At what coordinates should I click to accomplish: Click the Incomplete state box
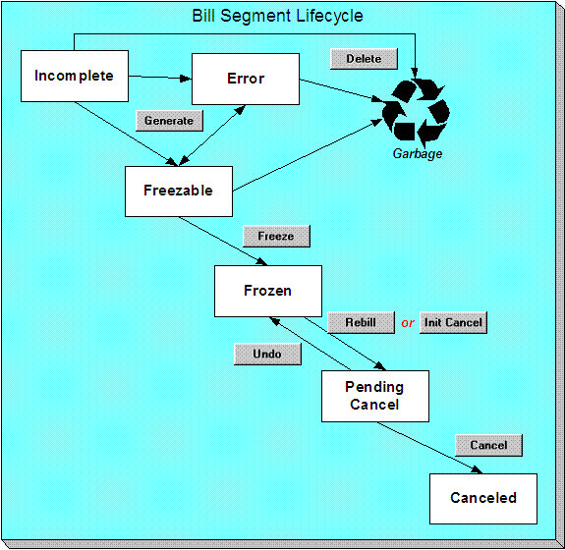pyautogui.click(x=74, y=76)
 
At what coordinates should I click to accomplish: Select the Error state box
pyautogui.click(x=245, y=79)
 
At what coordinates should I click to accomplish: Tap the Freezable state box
pyautogui.click(x=178, y=192)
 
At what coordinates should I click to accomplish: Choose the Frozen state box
pyautogui.click(x=267, y=291)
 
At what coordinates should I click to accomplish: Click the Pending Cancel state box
pyautogui.click(x=375, y=396)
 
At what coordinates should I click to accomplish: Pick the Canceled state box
pyautogui.click(x=482, y=498)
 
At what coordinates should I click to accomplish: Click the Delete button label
pyautogui.click(x=363, y=59)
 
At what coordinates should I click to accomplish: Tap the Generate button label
pyautogui.click(x=169, y=121)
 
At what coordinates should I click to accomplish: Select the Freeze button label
pyautogui.click(x=276, y=237)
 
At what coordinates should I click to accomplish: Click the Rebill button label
pyautogui.click(x=360, y=322)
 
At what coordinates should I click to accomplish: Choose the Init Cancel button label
pyautogui.click(x=453, y=322)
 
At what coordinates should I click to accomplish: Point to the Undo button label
pyautogui.click(x=266, y=354)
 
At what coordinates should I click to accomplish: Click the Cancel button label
pyautogui.click(x=488, y=445)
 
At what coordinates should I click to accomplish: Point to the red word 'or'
pyautogui.click(x=407, y=323)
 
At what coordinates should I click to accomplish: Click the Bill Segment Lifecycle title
pyautogui.click(x=277, y=17)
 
